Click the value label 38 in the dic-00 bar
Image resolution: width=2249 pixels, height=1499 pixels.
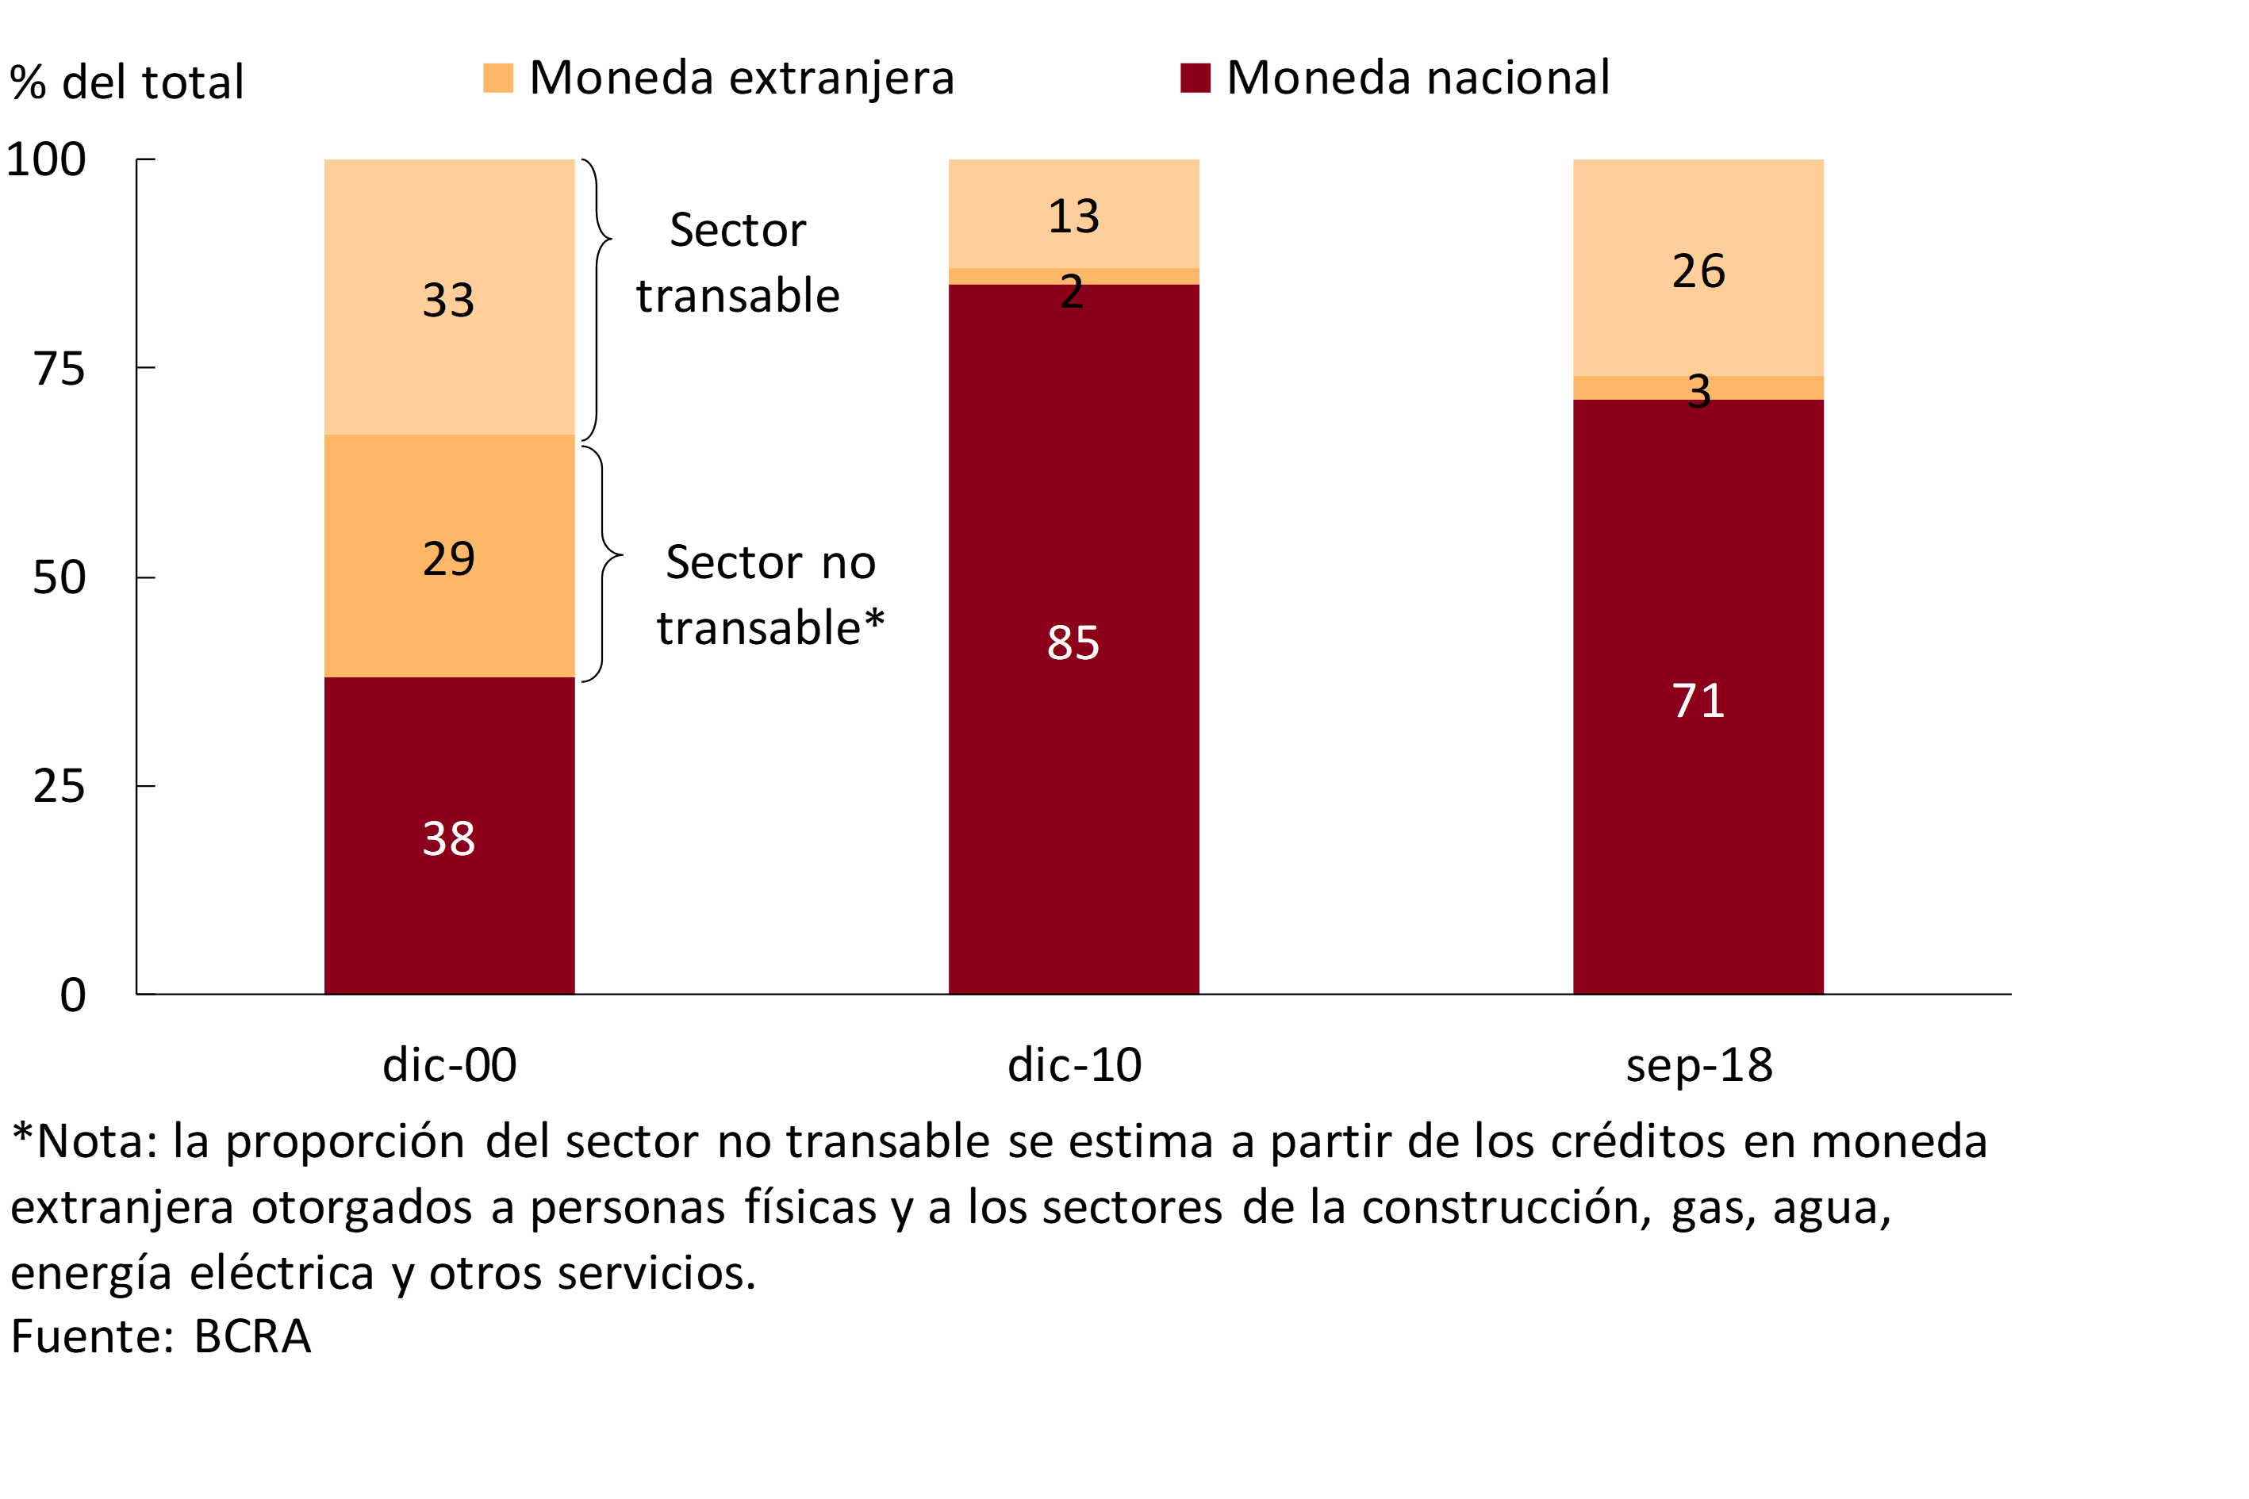(448, 838)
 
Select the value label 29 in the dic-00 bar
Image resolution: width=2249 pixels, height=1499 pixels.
(448, 558)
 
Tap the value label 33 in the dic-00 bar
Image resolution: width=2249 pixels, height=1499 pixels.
(448, 300)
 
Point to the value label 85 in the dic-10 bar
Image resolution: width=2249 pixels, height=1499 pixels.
(1073, 642)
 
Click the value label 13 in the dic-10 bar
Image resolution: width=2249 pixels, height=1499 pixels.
(1073, 216)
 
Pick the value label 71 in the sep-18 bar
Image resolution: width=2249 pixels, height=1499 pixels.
(1698, 701)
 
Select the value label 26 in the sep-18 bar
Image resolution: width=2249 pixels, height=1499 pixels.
(1698, 270)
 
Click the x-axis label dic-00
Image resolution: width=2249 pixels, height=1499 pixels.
(450, 1065)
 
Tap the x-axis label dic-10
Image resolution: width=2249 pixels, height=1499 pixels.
(1074, 1065)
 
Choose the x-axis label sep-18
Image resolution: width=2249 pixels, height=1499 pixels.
(1698, 1065)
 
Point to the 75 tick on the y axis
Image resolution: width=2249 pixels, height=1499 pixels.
(59, 368)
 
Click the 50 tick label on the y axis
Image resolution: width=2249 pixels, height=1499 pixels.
(59, 577)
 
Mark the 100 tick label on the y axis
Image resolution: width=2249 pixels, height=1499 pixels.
(46, 159)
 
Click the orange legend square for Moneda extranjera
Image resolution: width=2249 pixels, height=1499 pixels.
(498, 78)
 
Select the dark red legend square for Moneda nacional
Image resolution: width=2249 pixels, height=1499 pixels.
(1196, 78)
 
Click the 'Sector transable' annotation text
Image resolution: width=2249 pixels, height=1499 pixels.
(737, 262)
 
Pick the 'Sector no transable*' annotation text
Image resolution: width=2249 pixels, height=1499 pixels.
(769, 595)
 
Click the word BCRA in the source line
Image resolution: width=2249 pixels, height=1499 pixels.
(252, 1336)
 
